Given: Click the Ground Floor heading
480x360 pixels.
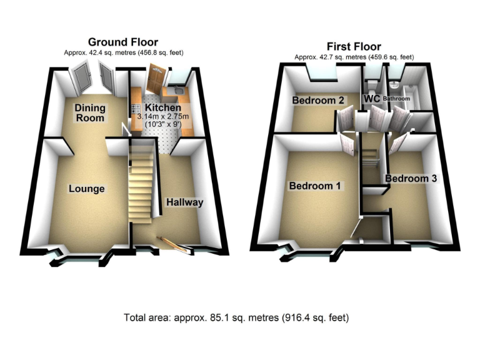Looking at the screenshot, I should [122, 42].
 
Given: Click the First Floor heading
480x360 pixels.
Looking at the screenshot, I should [354, 46].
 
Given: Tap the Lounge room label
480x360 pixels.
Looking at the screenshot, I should [86, 189].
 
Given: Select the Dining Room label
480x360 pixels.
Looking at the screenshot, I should [91, 112].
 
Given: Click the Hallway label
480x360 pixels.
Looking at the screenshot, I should [184, 202].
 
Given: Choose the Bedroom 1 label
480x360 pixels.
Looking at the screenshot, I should [315, 186].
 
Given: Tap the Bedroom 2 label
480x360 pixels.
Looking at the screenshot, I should [318, 100].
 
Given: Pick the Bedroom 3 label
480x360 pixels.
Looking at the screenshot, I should [411, 179].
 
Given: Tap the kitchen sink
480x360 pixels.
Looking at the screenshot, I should [177, 93].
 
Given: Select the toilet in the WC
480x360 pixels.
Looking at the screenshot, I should [372, 86].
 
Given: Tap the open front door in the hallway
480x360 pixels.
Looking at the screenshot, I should [174, 246].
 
